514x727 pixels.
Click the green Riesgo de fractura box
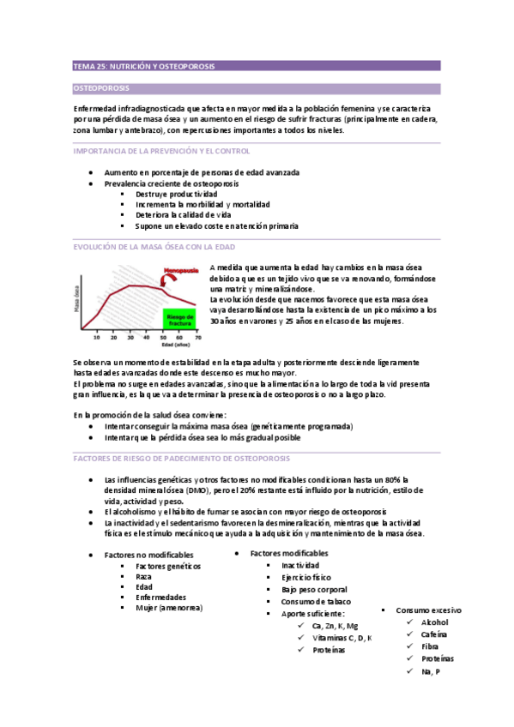pyautogui.click(x=178, y=319)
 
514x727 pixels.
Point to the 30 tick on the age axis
pyautogui.click(x=130, y=337)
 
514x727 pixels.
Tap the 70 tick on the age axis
pyautogui.click(x=197, y=337)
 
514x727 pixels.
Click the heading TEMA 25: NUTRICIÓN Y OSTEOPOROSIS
pyautogui.click(x=144, y=66)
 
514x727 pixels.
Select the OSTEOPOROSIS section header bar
pyautogui.click(x=257, y=88)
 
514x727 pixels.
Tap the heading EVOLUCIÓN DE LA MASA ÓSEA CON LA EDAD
pyautogui.click(x=154, y=248)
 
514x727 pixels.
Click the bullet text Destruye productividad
pyautogui.click(x=176, y=194)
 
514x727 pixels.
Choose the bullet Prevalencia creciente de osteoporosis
pyautogui.click(x=171, y=183)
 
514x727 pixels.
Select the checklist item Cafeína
pyautogui.click(x=435, y=634)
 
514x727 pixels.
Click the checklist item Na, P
pyautogui.click(x=431, y=671)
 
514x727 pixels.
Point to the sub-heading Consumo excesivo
pyautogui.click(x=427, y=610)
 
